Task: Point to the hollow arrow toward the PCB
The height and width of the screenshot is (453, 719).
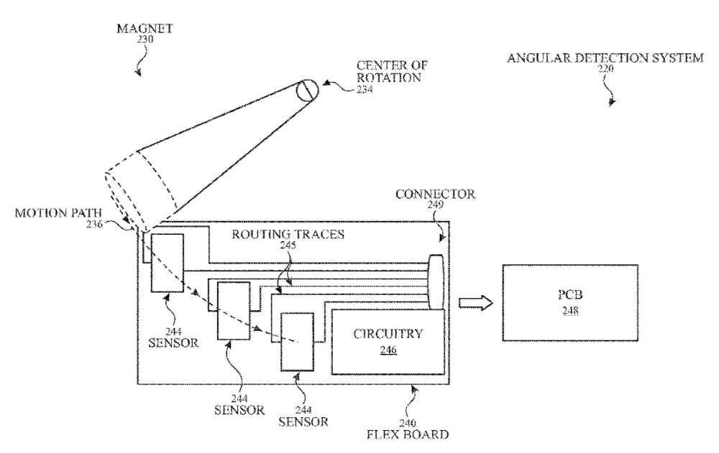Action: pos(476,303)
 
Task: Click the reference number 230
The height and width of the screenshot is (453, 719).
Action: pos(145,39)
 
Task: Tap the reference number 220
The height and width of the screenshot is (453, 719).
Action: pos(605,69)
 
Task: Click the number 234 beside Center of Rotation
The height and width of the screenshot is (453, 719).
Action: pos(365,90)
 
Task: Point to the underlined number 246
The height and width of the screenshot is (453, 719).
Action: pos(388,350)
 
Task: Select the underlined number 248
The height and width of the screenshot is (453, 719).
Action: pos(570,311)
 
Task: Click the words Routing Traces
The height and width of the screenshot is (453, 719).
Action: pos(288,235)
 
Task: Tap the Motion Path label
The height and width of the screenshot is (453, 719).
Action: pos(58,213)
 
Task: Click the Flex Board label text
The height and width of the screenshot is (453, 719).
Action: pos(408,434)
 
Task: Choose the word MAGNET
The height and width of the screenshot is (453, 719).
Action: pos(145,29)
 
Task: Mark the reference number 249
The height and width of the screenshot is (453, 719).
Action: pos(435,205)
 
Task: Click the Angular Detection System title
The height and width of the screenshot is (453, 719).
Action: pos(605,58)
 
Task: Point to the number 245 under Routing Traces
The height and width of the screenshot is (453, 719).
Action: pos(288,246)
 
